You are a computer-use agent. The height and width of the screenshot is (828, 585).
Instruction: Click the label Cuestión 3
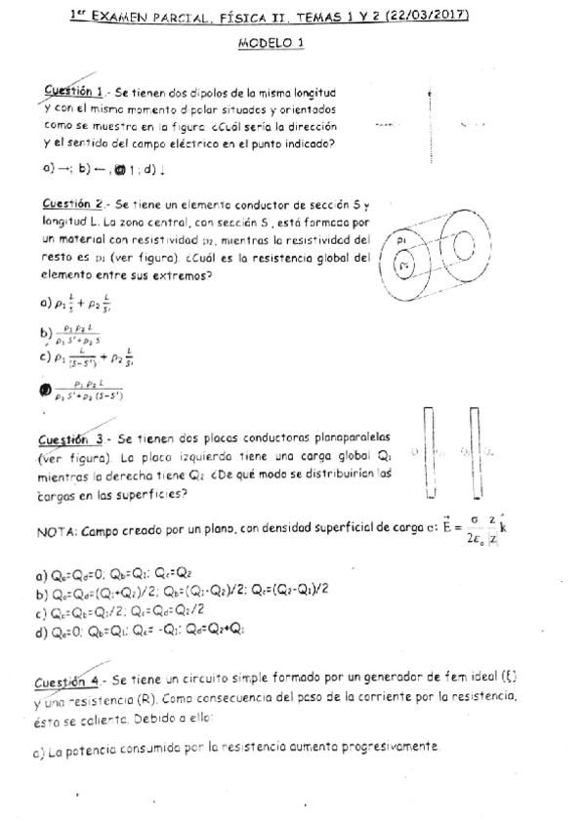point(73,439)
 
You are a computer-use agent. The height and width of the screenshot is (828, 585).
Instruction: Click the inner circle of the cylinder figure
point(409,265)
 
